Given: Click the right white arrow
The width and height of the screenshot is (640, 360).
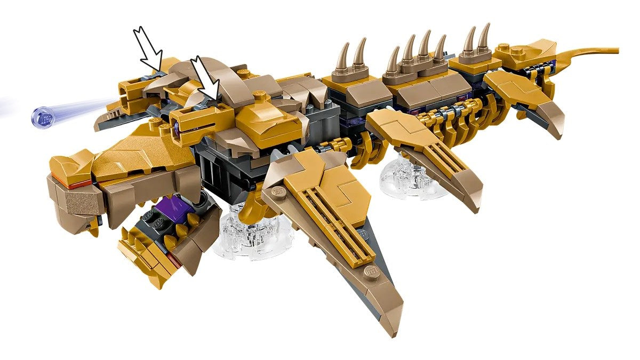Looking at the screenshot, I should [206, 78].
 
